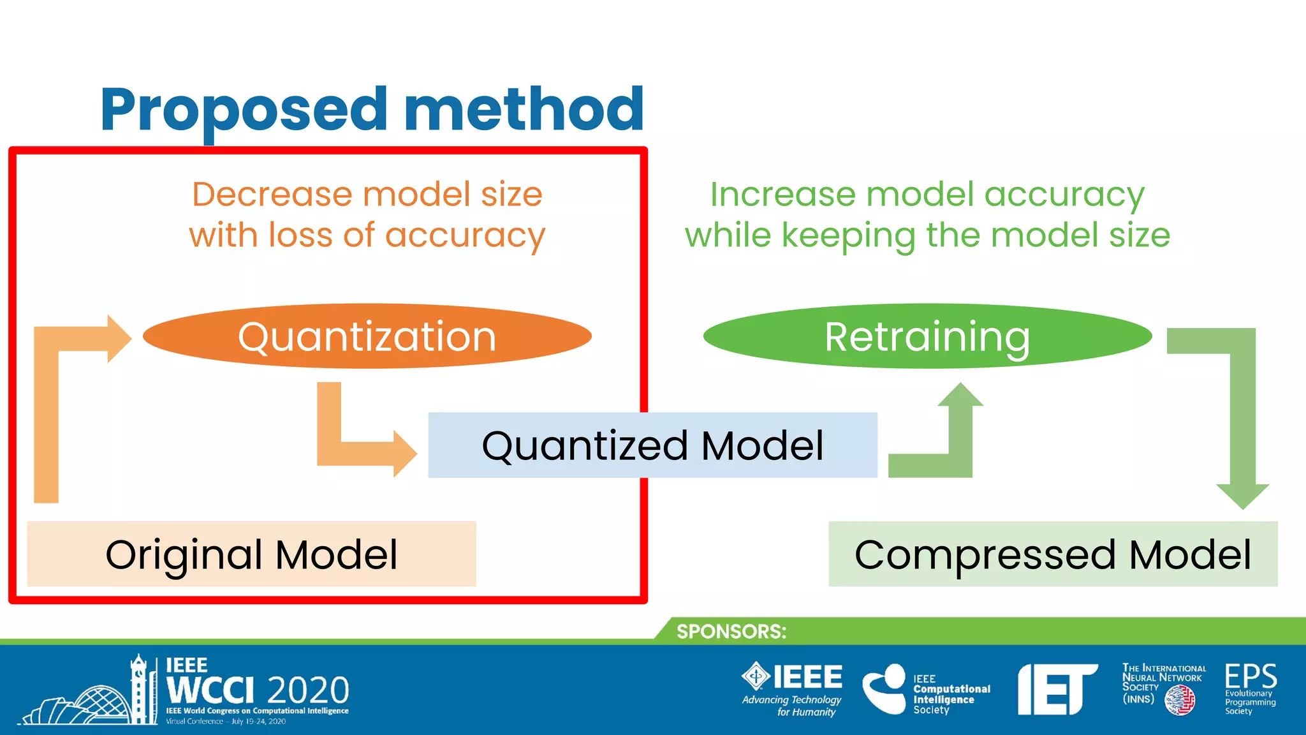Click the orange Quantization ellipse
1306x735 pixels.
pyautogui.click(x=367, y=336)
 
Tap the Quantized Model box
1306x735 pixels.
pyautogui.click(x=652, y=445)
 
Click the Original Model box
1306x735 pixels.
pyautogui.click(x=251, y=554)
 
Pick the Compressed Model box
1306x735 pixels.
pyautogui.click(x=1052, y=554)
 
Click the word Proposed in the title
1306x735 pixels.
pyautogui.click(x=244, y=110)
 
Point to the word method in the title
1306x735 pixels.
pyautogui.click(x=524, y=110)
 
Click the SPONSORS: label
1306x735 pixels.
pyautogui.click(x=731, y=631)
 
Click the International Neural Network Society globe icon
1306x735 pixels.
pyautogui.click(x=1180, y=701)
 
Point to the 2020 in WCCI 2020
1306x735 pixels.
pyautogui.click(x=308, y=690)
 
